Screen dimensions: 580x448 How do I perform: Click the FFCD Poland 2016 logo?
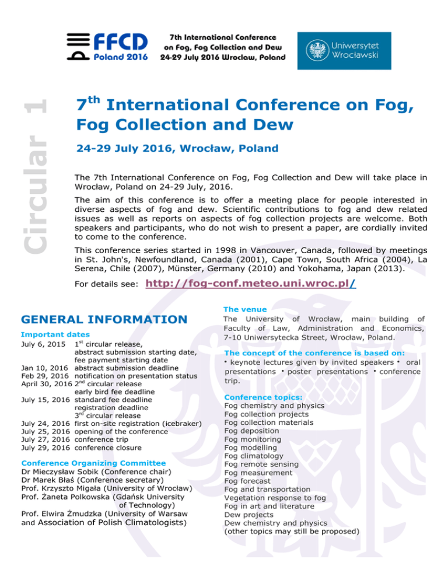(111, 47)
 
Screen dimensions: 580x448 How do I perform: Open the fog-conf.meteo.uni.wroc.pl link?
(251, 284)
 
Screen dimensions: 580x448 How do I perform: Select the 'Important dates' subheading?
(55, 335)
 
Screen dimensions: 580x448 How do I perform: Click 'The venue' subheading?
(246, 309)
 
